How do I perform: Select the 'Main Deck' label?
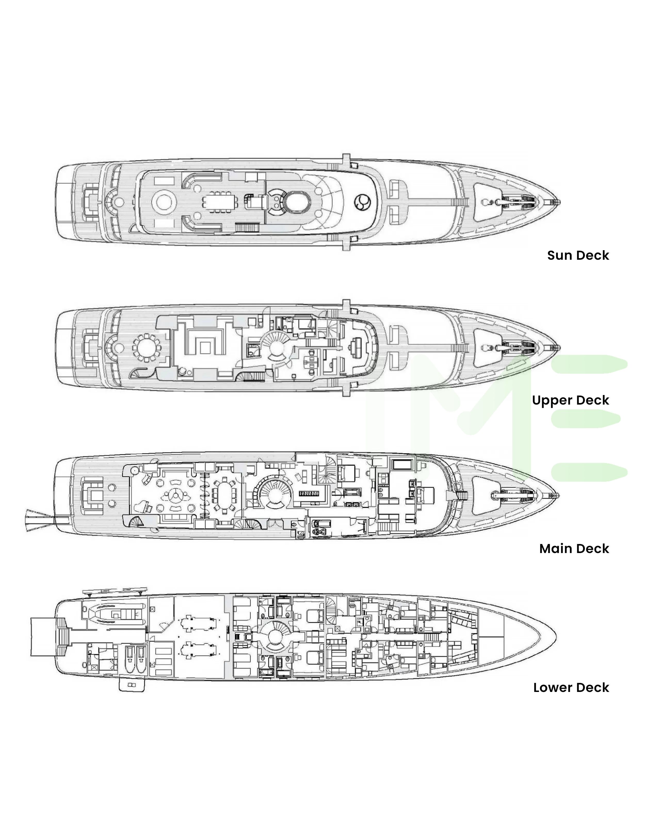[574, 549]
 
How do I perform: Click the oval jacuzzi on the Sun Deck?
[294, 201]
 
